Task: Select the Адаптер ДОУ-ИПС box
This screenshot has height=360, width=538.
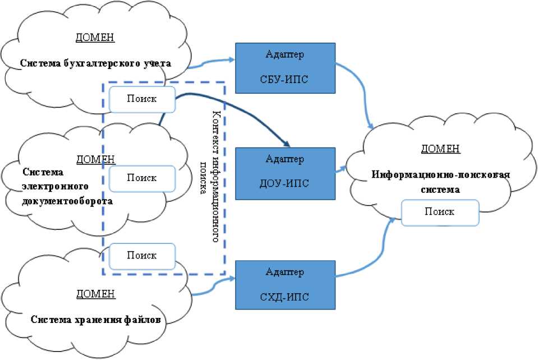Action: [x=285, y=173]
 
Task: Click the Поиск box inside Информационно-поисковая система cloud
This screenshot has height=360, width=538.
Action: [x=440, y=213]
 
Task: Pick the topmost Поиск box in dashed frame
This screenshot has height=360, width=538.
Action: [x=142, y=99]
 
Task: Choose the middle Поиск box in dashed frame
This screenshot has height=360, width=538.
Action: [x=142, y=178]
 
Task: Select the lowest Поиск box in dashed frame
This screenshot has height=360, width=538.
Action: [x=142, y=256]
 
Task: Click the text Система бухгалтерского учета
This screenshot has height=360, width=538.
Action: [x=95, y=63]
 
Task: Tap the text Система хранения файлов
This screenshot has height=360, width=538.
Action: [x=96, y=320]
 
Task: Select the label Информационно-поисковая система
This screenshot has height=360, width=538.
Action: [x=441, y=182]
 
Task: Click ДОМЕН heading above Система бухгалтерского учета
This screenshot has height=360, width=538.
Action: [x=95, y=38]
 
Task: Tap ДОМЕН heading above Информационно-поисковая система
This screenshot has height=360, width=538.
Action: [x=440, y=149]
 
